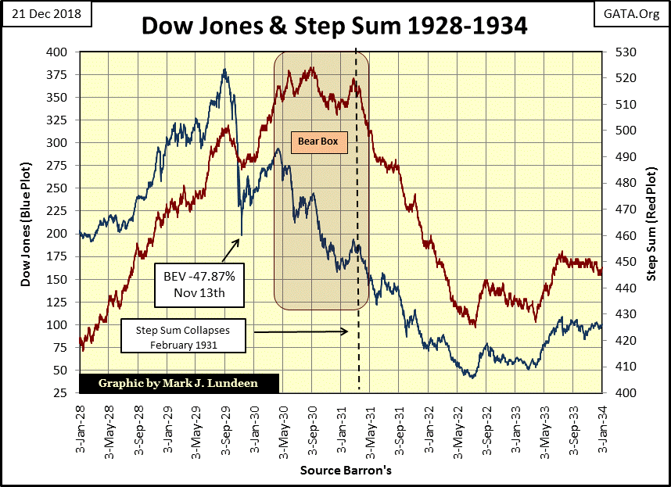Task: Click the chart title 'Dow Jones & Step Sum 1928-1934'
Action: tap(334, 26)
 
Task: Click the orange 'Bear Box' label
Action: tap(320, 143)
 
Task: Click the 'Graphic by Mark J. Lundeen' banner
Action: tap(179, 384)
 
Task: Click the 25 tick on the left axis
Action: tap(63, 392)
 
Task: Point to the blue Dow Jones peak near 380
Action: tap(225, 70)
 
